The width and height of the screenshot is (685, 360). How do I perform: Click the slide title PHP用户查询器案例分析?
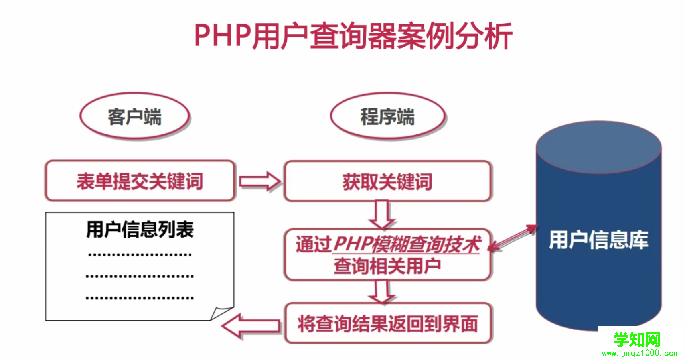coord(353,36)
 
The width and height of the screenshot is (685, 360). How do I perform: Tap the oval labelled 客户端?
coord(134,117)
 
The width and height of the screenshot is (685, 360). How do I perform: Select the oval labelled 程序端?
coord(387,117)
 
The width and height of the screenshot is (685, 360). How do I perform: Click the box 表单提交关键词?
coord(140,181)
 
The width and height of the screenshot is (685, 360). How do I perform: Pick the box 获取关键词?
coord(387,181)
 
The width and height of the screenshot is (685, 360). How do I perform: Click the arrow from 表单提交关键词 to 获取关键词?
coord(260,182)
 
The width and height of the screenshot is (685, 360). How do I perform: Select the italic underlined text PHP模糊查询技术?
coord(406,244)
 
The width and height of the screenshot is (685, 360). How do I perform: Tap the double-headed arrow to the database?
coord(513,238)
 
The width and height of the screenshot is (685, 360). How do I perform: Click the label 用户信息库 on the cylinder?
coord(598,240)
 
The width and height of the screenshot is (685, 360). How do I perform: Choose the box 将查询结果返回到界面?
coord(388,324)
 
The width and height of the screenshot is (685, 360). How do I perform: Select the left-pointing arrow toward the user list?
coord(251,326)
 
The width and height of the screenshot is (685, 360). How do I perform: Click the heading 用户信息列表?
coord(140,230)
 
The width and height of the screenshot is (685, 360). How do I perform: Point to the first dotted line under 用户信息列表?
coord(140,254)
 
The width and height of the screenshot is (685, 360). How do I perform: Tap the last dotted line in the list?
coord(140,298)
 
